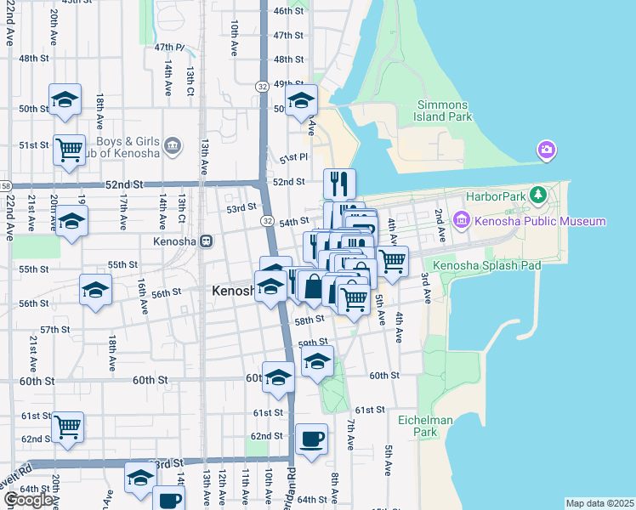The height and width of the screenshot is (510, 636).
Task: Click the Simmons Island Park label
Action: pos(443,110)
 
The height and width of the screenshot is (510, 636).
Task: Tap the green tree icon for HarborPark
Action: pos(537,195)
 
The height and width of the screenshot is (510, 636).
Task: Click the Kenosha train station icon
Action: pos(206,241)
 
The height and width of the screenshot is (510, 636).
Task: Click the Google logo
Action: pos(28,500)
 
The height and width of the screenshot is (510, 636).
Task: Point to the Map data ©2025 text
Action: pos(599,503)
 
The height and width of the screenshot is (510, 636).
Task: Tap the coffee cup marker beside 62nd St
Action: pos(312,439)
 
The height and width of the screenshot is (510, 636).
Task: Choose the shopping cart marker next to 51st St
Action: pos(69,150)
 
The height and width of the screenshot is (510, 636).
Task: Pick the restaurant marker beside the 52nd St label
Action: pos(339,183)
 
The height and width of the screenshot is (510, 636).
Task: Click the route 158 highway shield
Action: pos(4,185)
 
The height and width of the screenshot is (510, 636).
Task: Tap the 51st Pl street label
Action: pos(292,159)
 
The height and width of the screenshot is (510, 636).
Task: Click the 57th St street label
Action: pos(54,329)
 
